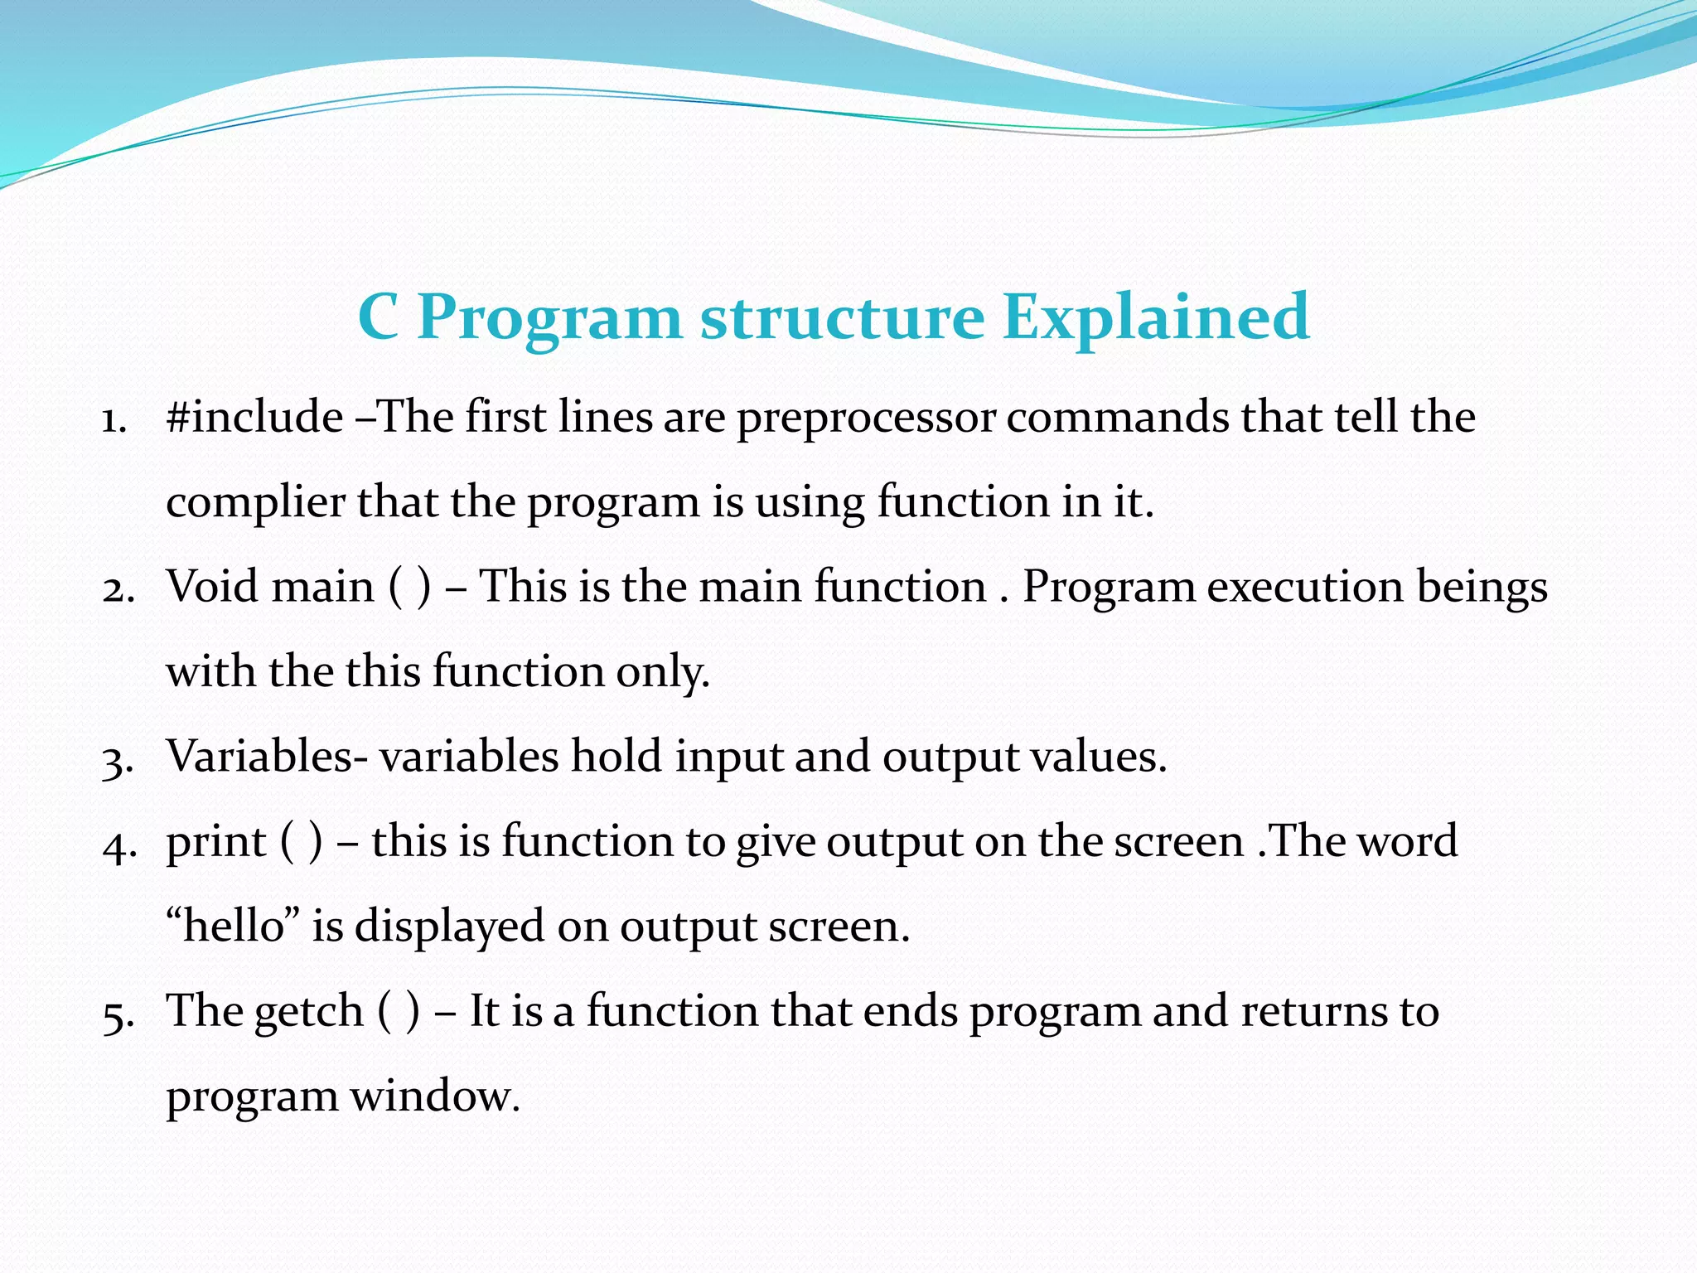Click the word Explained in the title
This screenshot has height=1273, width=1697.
point(1156,317)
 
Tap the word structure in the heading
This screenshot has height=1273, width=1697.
point(842,317)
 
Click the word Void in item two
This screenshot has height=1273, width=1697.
point(213,587)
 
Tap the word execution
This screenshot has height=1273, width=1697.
point(1304,587)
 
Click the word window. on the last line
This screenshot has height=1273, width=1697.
point(435,1096)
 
